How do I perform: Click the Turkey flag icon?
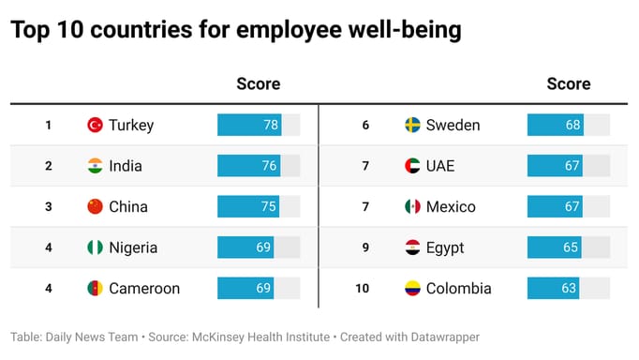[x=95, y=125]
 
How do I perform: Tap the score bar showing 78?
[x=249, y=125]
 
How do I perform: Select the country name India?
[x=126, y=166]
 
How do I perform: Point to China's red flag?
[x=95, y=206]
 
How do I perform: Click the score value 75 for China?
[x=268, y=206]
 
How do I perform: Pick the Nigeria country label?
[x=133, y=247]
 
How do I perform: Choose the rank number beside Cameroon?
[x=48, y=288]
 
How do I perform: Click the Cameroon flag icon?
[x=95, y=288]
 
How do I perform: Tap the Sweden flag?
[x=412, y=125]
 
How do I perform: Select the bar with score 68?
[x=555, y=125]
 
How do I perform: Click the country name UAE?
[x=440, y=166]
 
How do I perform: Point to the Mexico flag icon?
[x=412, y=206]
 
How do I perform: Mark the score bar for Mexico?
[x=555, y=206]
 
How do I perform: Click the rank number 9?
[x=365, y=247]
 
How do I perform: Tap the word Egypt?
[x=445, y=247]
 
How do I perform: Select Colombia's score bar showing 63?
[x=553, y=288]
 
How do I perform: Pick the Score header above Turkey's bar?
[x=258, y=83]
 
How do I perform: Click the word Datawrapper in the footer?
[x=441, y=336]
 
